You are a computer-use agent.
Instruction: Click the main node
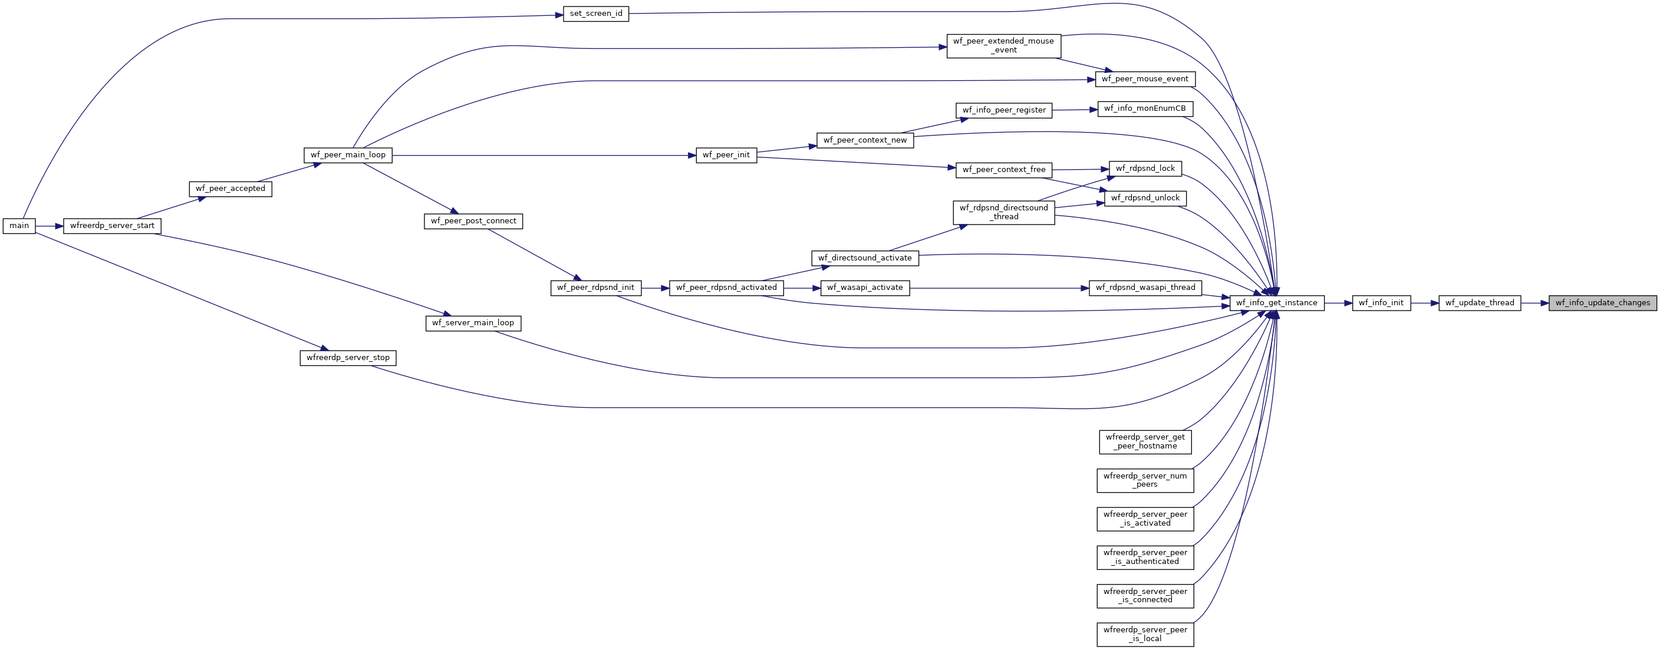(x=19, y=226)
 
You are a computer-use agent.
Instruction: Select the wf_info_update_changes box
(x=1603, y=303)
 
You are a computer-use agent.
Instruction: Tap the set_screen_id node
(x=595, y=14)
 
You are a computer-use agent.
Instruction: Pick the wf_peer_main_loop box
(x=348, y=155)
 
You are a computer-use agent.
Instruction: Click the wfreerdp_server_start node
(x=112, y=226)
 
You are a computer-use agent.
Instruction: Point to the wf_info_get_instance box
(x=1277, y=303)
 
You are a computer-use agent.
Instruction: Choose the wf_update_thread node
(x=1480, y=303)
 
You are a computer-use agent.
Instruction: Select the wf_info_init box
(x=1381, y=303)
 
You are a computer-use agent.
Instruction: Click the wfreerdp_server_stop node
(x=348, y=358)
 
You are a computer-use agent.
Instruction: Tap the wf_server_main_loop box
(x=473, y=323)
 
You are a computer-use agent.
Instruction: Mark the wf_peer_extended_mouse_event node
(x=1003, y=46)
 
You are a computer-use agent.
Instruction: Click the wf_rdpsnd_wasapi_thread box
(x=1145, y=288)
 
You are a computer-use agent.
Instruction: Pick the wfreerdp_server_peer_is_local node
(x=1145, y=635)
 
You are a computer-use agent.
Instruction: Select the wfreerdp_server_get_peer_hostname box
(x=1145, y=442)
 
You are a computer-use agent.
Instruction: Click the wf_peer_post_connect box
(x=473, y=221)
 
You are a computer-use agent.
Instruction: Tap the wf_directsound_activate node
(x=865, y=258)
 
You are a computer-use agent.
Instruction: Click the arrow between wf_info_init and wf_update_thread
(x=1425, y=303)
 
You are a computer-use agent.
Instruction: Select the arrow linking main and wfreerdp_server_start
(x=49, y=226)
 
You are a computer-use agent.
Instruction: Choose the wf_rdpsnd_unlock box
(x=1145, y=199)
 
